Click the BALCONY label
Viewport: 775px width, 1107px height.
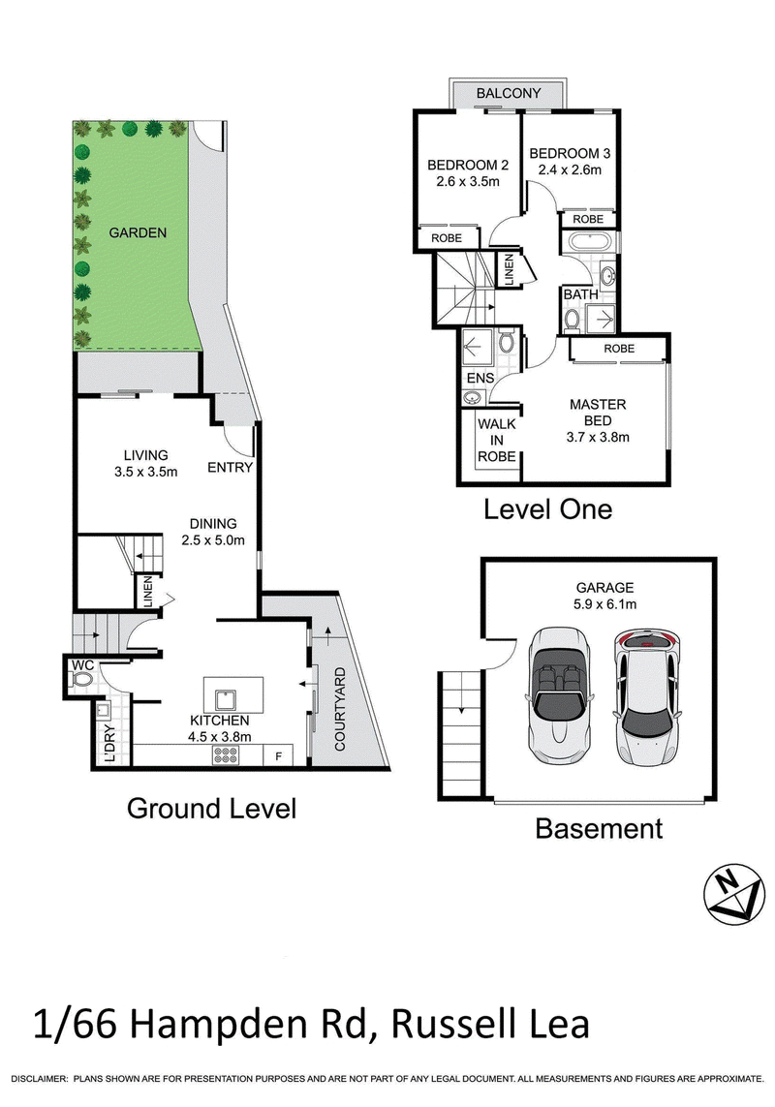(508, 93)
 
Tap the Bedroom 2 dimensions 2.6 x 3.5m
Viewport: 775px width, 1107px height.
(467, 181)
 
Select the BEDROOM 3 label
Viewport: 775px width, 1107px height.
(570, 153)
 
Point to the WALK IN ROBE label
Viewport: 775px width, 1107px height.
(497, 440)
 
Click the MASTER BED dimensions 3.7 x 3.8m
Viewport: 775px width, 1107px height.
(598, 437)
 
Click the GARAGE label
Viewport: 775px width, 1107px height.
(604, 587)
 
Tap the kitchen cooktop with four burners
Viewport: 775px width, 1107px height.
(226, 756)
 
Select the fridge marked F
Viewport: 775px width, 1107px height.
(278, 756)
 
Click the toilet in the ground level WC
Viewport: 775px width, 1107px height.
(82, 680)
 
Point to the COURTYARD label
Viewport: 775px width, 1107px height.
(340, 708)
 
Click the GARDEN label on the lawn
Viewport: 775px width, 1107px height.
(138, 233)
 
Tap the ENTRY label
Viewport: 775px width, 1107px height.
(230, 467)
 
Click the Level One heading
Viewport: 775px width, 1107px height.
(547, 509)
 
